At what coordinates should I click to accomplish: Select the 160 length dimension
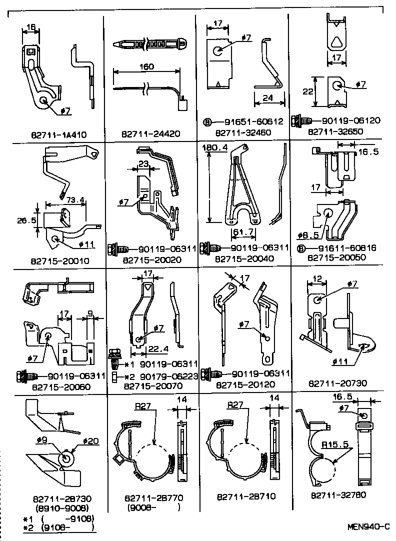(147, 66)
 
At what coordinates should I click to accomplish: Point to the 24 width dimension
(267, 98)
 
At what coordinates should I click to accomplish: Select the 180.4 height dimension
(214, 148)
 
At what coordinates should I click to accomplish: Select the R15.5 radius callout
(335, 443)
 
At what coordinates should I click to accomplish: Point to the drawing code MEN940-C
(368, 526)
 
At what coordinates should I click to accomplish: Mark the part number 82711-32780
(338, 495)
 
